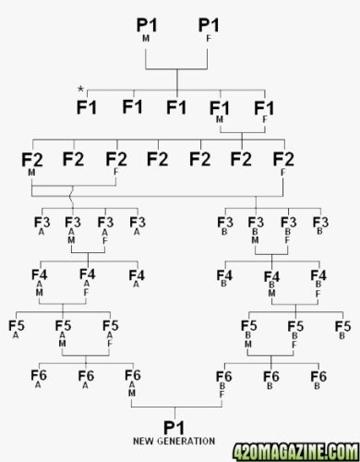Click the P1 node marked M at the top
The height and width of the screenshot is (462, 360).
click(147, 30)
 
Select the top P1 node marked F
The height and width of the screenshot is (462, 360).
click(209, 30)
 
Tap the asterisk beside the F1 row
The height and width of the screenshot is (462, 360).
click(80, 90)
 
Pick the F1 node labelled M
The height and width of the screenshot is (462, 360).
click(220, 112)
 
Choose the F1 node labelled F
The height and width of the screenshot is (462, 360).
click(264, 112)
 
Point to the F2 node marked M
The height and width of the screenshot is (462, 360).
click(32, 164)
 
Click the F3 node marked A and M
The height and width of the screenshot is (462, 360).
click(73, 230)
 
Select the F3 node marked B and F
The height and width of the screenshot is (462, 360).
click(289, 230)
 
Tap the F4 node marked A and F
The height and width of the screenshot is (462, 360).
click(88, 282)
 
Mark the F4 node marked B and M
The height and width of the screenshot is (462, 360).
click(272, 284)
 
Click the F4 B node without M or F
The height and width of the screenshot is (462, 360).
click(224, 278)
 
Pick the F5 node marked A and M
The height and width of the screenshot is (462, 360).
click(63, 334)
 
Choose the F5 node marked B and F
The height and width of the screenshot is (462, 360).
click(295, 334)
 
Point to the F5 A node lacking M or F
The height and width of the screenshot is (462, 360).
click(17, 329)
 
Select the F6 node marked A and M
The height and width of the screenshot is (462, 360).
click(133, 383)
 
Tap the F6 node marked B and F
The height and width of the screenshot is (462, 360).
click(223, 383)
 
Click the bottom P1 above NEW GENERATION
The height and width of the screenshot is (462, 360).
click(174, 428)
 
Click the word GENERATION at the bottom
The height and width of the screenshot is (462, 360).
click(186, 441)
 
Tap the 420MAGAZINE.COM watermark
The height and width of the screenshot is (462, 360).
click(295, 453)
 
